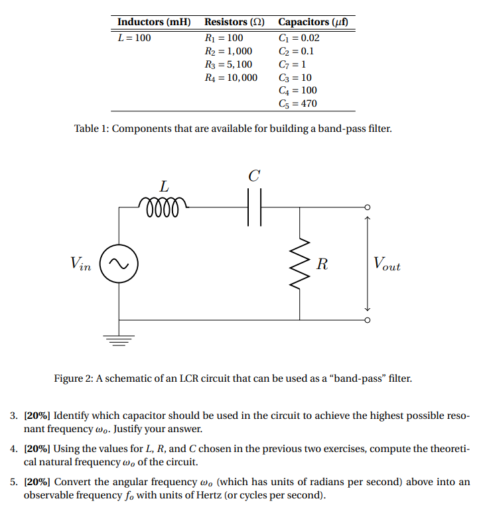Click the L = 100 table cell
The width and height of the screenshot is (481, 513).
point(134,38)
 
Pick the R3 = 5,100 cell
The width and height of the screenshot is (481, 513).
point(228,64)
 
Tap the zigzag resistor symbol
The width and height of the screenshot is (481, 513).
point(300,263)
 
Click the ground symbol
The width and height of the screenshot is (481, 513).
point(119,341)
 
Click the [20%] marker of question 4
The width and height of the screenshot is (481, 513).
point(36,449)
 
